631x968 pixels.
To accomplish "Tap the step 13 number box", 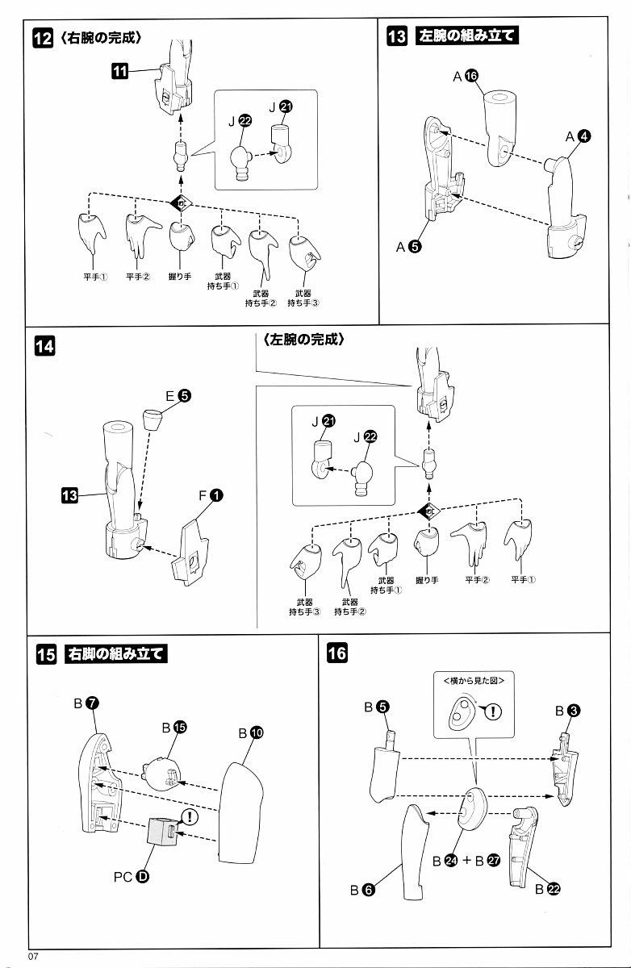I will (397, 37).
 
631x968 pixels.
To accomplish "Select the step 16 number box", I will (336, 653).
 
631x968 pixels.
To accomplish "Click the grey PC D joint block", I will (163, 830).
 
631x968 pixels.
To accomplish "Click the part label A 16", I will (466, 76).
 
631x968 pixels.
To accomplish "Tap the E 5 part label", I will (178, 396).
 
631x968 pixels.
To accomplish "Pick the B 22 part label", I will (547, 889).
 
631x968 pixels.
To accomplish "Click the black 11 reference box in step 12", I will (119, 72).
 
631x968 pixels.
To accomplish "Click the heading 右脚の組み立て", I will (117, 653).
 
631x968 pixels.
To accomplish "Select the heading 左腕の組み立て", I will (466, 36).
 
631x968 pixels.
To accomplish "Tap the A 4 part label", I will (578, 137).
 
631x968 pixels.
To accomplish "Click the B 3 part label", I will (568, 711).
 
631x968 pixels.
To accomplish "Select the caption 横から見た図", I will (473, 680).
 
